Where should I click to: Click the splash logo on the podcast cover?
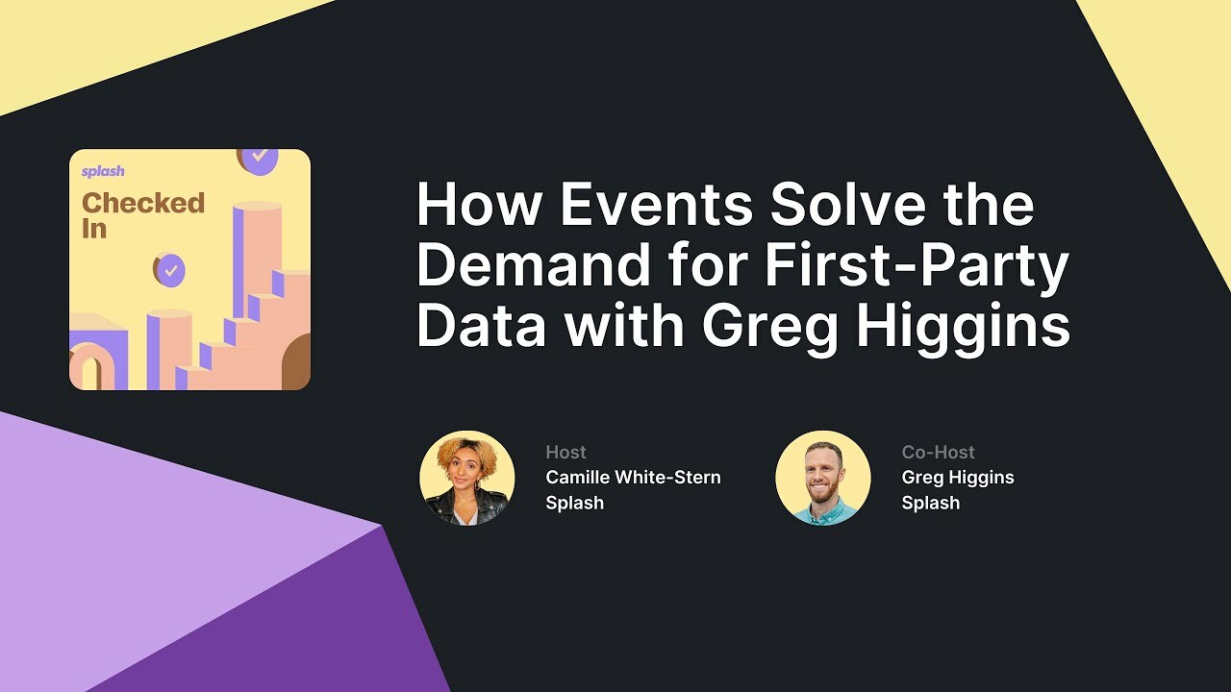coord(103,172)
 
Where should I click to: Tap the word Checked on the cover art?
coord(143,203)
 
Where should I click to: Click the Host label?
coord(565,452)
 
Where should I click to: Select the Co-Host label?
coord(938,452)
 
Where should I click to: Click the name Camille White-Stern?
coord(633,477)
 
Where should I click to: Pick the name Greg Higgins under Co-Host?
coord(958,477)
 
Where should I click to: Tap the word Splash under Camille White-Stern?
coord(574,503)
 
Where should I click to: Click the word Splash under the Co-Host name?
coord(930,503)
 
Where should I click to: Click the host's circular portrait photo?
coord(467,479)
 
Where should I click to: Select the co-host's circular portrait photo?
coord(823,479)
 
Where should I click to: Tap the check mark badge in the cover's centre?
coord(170,270)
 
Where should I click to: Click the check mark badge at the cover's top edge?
coord(258,158)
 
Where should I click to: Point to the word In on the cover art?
coord(94,229)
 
